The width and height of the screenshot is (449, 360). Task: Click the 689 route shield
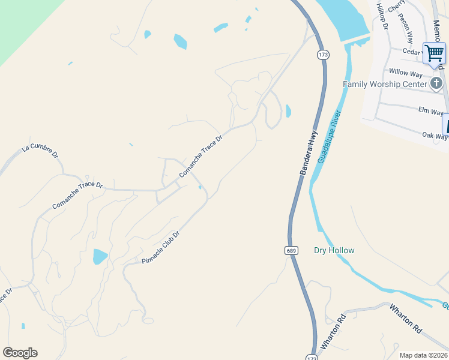pyautogui.click(x=291, y=250)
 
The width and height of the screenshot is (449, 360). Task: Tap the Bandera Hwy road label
pyautogui.click(x=308, y=154)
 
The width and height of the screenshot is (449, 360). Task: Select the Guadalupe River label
pyautogui.click(x=330, y=136)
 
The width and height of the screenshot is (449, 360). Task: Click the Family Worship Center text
pyautogui.click(x=385, y=84)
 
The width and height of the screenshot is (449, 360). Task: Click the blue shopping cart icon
pyautogui.click(x=434, y=53)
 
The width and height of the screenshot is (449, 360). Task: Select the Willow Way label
pyautogui.click(x=406, y=73)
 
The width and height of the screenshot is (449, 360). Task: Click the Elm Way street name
pyautogui.click(x=430, y=112)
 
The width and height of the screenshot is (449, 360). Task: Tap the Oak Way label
pyautogui.click(x=434, y=136)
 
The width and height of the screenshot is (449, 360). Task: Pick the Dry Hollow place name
pyautogui.click(x=334, y=250)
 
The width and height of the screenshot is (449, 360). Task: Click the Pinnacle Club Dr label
pyautogui.click(x=160, y=248)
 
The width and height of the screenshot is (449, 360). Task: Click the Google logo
pyautogui.click(x=20, y=353)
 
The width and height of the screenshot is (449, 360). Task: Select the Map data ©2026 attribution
pyautogui.click(x=423, y=355)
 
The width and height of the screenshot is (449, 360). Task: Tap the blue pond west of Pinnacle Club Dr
pyautogui.click(x=100, y=257)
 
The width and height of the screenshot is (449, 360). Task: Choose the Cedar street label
pyautogui.click(x=412, y=52)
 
